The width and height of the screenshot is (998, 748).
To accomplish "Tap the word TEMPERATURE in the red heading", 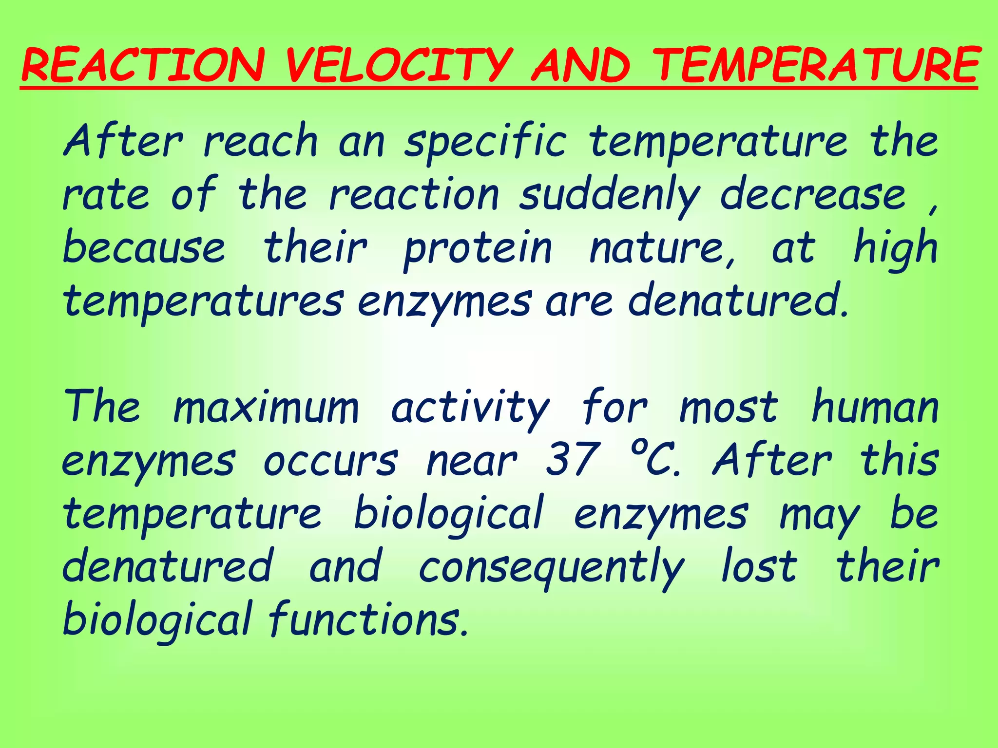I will pos(815,65).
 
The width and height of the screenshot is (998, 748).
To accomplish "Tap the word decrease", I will pos(813,195).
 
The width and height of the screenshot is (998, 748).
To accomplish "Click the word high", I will pos(896,248).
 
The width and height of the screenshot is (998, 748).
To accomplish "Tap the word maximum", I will pos(266,408).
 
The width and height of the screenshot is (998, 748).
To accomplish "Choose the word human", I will pos(875,408).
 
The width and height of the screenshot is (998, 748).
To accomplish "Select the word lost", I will pos(759,566).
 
